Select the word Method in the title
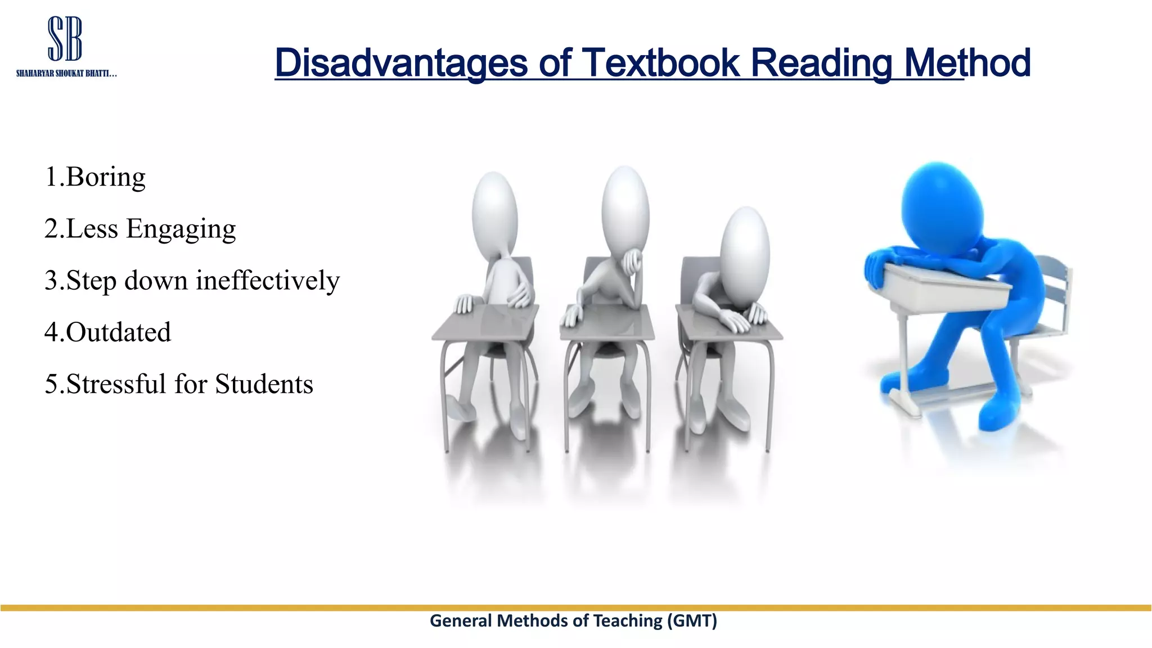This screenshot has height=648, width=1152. (x=967, y=62)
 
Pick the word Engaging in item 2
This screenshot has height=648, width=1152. (x=181, y=229)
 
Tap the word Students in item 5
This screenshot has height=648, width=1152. (x=264, y=384)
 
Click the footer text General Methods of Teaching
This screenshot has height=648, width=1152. (x=546, y=620)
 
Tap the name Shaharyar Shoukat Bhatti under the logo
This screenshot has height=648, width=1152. (x=66, y=74)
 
